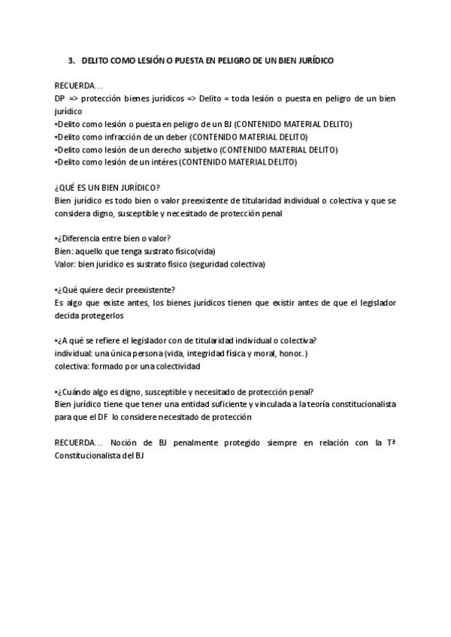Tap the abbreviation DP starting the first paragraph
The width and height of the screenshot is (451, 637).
point(59,98)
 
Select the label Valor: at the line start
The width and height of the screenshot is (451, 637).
point(66,264)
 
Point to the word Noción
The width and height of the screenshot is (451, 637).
point(123,442)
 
